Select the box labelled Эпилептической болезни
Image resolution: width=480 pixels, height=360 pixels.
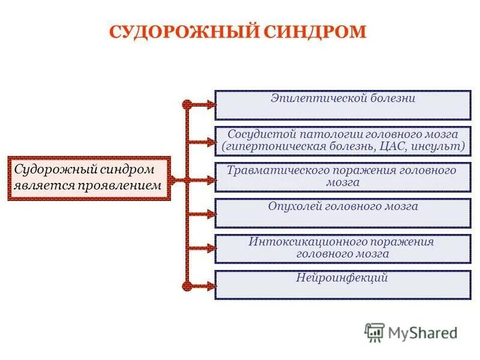pyautogui.click(x=343, y=105)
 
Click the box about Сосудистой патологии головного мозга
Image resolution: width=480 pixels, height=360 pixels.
pyautogui.click(x=343, y=141)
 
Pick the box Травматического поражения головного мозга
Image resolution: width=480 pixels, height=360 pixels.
pyautogui.click(x=343, y=177)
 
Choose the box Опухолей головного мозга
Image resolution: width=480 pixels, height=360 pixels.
pyautogui.click(x=343, y=213)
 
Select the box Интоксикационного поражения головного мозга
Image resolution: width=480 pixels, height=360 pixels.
pyautogui.click(x=343, y=248)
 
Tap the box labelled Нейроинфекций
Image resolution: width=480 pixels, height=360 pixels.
pyautogui.click(x=343, y=284)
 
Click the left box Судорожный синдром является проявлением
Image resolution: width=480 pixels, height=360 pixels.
pyautogui.click(x=89, y=178)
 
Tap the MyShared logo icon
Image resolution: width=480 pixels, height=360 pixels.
pyautogui.click(x=374, y=332)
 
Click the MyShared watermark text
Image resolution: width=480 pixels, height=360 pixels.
pyautogui.click(x=423, y=332)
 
